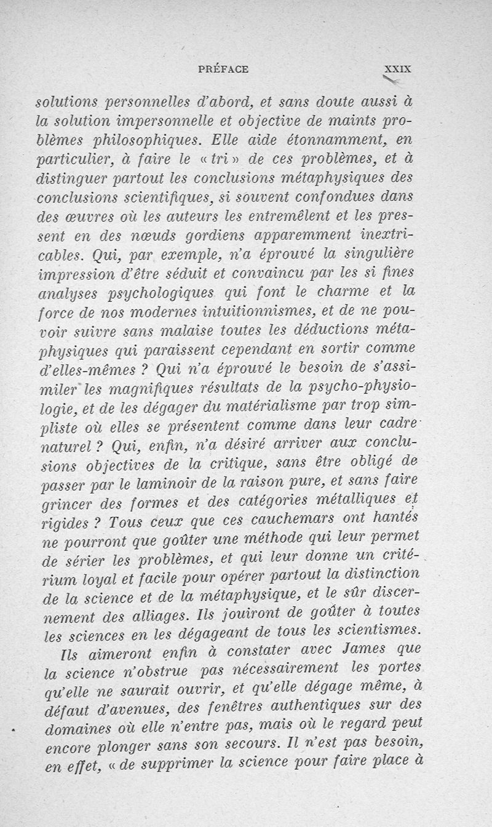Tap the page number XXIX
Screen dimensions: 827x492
pos(397,69)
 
